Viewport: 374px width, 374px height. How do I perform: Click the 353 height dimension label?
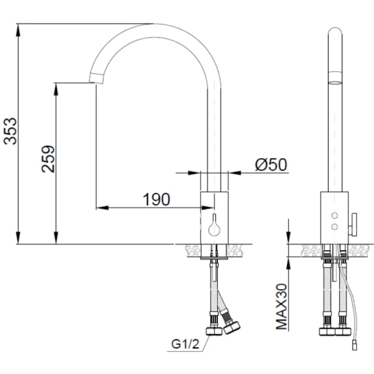(x=11, y=131)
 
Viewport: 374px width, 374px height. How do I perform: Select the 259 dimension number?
(x=48, y=159)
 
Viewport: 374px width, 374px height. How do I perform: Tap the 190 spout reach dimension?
(x=157, y=200)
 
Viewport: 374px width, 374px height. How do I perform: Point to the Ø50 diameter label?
(x=271, y=165)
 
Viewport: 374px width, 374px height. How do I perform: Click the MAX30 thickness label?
(x=281, y=306)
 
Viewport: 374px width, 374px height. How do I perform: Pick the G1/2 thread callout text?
(x=185, y=344)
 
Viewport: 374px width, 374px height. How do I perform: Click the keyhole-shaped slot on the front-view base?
(x=214, y=225)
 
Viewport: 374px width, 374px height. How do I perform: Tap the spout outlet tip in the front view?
(x=96, y=78)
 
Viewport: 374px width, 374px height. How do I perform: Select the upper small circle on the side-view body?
(x=334, y=215)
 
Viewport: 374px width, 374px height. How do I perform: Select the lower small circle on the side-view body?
(x=334, y=227)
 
